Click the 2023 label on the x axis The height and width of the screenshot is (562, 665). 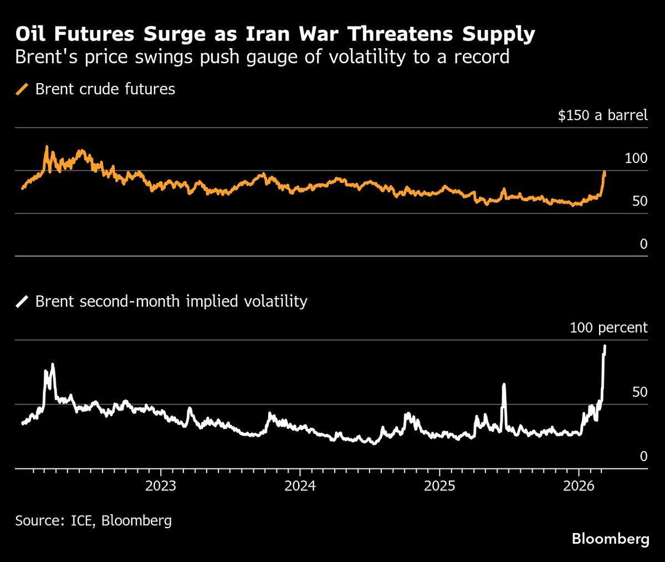[x=160, y=486]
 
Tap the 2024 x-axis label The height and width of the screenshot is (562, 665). [x=299, y=486]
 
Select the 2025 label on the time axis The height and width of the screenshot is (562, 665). [x=439, y=486]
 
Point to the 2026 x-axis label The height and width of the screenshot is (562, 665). [x=579, y=486]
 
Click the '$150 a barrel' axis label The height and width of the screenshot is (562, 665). [x=602, y=115]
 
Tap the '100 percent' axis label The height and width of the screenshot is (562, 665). [x=608, y=328]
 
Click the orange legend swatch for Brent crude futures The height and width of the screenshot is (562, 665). [x=23, y=89]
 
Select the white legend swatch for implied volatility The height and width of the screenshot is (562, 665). [x=23, y=302]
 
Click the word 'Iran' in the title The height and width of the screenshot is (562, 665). [x=259, y=34]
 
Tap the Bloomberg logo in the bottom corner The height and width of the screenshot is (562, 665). [x=610, y=539]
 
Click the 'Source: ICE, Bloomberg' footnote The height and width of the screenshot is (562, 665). [x=93, y=520]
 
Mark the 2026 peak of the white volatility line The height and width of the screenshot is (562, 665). [x=605, y=346]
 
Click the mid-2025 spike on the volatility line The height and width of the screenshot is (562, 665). [x=504, y=384]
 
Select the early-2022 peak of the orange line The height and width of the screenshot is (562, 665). [x=47, y=147]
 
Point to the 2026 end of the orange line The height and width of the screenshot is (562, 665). [x=605, y=172]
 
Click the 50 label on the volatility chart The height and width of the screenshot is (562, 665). [x=640, y=392]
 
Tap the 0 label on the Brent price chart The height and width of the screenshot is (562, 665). [x=643, y=244]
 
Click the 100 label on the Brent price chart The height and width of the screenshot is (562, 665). [x=636, y=159]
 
